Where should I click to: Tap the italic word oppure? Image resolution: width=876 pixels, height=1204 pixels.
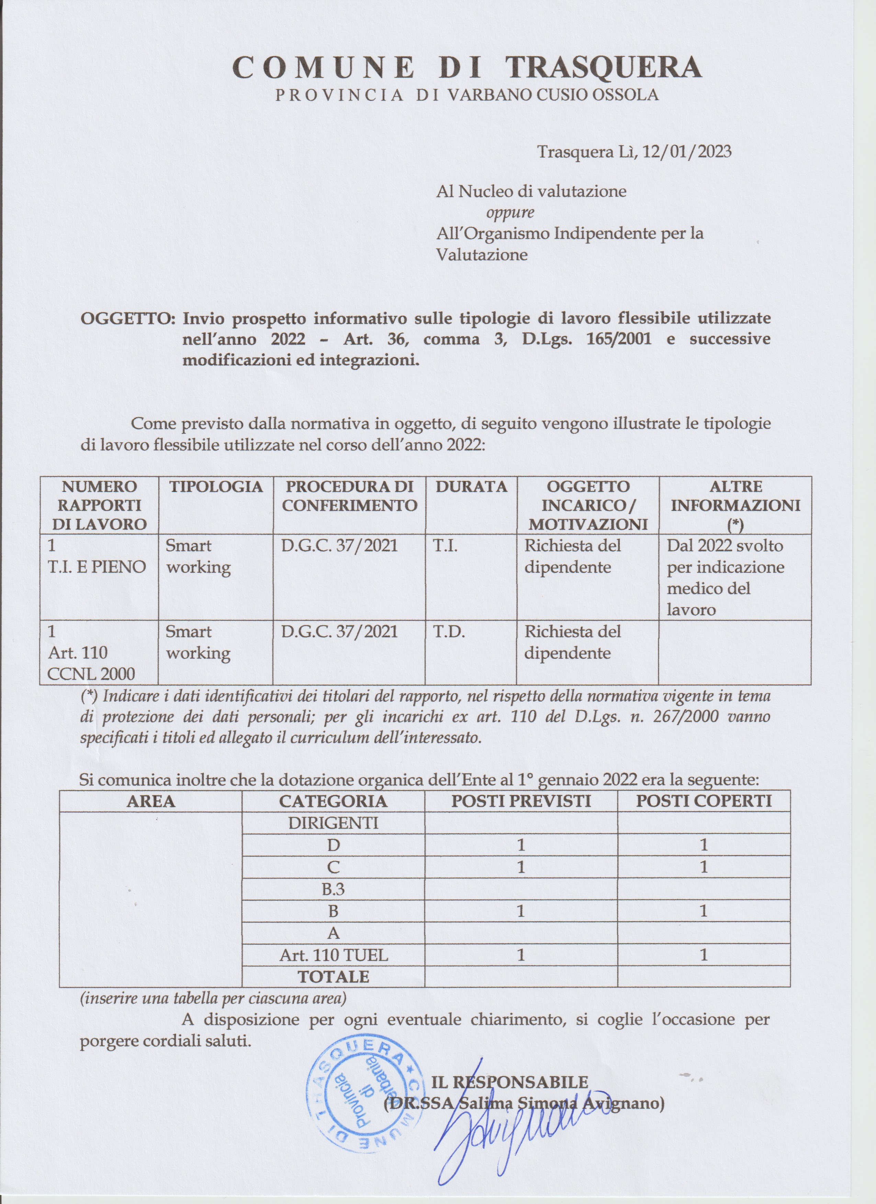pos(510,212)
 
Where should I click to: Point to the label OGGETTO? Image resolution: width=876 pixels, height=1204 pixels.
pos(128,319)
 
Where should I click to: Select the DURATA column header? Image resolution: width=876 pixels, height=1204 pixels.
pos(471,487)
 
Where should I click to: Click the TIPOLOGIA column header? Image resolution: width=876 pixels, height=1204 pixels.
pos(216,487)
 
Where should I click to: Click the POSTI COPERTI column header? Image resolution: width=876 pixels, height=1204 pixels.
pos(704,801)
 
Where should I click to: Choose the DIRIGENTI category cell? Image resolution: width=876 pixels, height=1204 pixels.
pos(333,823)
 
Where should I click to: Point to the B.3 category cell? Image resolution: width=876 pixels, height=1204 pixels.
pos(333,889)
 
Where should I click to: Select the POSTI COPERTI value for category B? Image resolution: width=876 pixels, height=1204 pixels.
pos(704,911)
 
